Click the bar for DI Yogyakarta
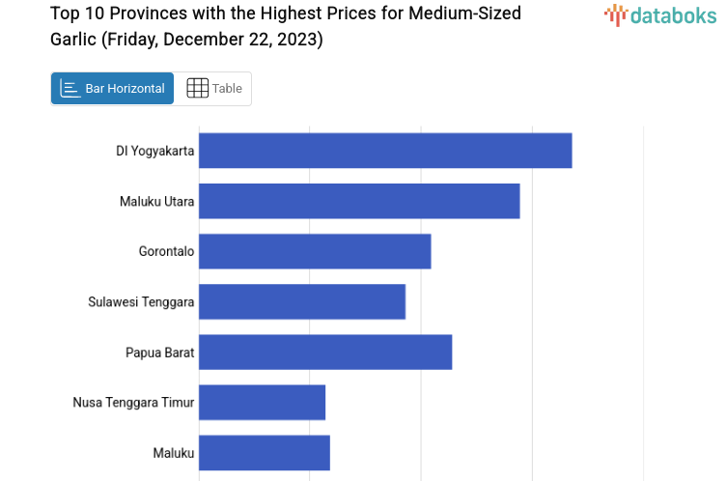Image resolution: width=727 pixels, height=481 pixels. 385,151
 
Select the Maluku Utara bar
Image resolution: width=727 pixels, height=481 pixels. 359,201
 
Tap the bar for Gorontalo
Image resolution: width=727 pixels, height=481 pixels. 315,251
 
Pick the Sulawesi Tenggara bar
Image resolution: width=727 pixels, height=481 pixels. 302,301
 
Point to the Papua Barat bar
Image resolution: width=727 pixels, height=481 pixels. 325,352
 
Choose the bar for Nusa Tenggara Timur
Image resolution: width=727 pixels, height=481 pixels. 262,402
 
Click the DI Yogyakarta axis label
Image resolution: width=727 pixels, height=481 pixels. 155,151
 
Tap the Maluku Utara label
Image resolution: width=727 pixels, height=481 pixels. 157,202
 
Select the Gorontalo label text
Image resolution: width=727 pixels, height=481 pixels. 166,251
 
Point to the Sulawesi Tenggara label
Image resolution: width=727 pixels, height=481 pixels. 141,302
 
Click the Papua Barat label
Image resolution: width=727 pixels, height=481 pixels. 159,353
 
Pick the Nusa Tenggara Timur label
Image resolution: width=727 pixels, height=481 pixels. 133,403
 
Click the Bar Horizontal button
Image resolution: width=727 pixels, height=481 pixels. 113,89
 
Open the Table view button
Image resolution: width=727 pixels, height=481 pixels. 213,89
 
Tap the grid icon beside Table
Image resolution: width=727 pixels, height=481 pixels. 197,89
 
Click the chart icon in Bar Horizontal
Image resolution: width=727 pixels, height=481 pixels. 70,89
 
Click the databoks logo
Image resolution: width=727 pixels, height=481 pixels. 660,14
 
